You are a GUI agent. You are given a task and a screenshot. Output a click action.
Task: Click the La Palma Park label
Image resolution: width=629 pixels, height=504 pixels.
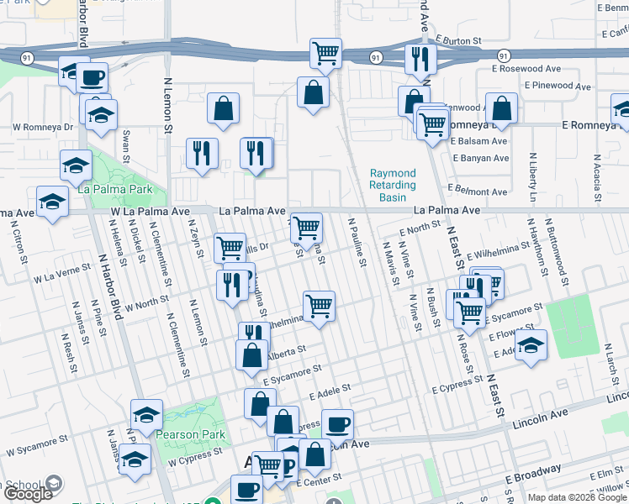click(117, 190)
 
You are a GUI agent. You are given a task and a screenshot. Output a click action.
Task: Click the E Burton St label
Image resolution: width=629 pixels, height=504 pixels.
click(457, 39)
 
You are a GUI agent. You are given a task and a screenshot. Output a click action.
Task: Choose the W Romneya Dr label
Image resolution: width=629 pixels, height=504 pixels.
click(43, 128)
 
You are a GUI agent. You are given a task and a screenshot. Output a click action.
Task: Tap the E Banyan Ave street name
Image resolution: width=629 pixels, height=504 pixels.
click(479, 158)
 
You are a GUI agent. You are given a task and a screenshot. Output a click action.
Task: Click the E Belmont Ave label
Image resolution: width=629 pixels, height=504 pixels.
click(479, 192)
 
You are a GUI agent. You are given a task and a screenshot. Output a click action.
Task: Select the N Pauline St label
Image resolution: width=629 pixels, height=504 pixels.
click(357, 242)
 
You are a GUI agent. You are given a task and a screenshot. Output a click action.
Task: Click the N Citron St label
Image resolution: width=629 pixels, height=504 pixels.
click(18, 239)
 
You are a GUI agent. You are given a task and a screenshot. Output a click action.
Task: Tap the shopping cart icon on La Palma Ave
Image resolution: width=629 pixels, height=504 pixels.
click(307, 226)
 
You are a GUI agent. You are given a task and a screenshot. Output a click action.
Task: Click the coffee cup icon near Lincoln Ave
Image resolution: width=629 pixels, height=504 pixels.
click(337, 424)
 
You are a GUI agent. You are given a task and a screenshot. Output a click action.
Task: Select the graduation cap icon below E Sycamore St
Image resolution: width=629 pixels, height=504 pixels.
click(530, 345)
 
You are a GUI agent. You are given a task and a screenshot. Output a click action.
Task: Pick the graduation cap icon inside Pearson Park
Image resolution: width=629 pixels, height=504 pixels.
click(146, 415)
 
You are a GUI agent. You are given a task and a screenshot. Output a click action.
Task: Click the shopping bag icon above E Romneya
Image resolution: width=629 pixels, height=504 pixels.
click(501, 108)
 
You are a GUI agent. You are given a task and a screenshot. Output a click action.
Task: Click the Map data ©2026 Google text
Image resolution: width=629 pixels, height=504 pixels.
click(578, 497)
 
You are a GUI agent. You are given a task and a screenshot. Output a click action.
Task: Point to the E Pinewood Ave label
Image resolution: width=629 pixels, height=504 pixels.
click(557, 86)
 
